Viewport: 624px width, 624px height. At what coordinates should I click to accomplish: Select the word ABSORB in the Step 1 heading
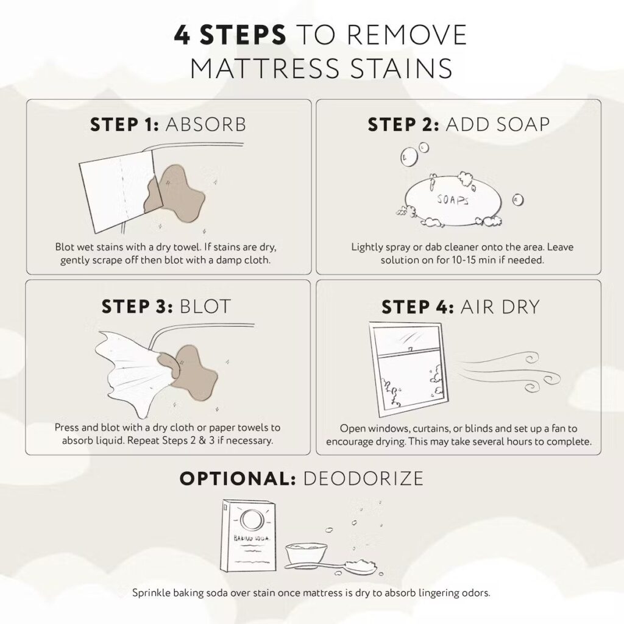(205, 124)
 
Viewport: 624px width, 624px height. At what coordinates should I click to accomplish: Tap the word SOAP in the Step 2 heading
(515, 124)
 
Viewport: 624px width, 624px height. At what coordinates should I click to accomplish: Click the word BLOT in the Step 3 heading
(205, 306)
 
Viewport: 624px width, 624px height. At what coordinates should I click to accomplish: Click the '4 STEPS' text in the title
(230, 35)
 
